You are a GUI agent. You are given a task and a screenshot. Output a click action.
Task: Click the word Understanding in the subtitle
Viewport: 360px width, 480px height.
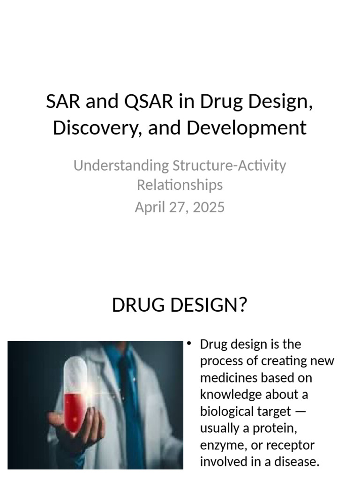point(121,165)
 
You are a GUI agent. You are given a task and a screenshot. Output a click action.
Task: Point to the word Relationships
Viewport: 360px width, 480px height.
point(180,185)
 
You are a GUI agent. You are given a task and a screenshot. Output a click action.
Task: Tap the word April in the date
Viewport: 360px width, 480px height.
point(148,207)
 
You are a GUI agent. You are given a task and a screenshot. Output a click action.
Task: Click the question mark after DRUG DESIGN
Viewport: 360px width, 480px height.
point(242,305)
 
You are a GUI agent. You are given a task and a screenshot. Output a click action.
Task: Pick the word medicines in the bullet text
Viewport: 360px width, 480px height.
point(226,378)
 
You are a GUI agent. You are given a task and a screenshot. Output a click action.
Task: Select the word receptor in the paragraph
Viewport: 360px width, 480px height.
point(293,445)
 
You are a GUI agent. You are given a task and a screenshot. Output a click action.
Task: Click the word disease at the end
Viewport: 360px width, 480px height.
point(296,462)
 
